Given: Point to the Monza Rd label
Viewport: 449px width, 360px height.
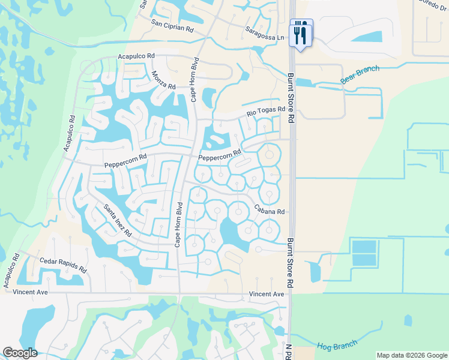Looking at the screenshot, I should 163,80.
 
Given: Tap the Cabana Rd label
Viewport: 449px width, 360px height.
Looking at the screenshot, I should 269,211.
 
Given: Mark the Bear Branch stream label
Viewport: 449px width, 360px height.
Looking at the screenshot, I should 360,74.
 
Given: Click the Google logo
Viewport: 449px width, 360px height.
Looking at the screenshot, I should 20,353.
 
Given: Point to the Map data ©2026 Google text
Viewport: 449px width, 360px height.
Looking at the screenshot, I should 412,355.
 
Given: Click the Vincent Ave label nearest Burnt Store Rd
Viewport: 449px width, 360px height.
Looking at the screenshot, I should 267,294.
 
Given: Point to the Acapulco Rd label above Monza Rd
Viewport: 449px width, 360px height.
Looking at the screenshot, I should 136,56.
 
